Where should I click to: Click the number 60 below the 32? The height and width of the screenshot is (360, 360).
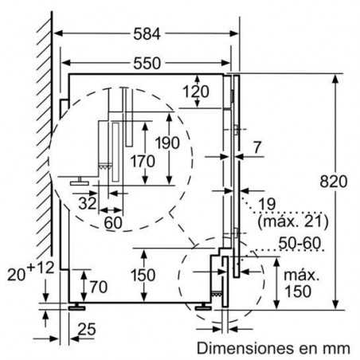pyautogui.click(x=112, y=222)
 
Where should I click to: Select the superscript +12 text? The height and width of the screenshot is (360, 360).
pyautogui.click(x=37, y=267)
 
